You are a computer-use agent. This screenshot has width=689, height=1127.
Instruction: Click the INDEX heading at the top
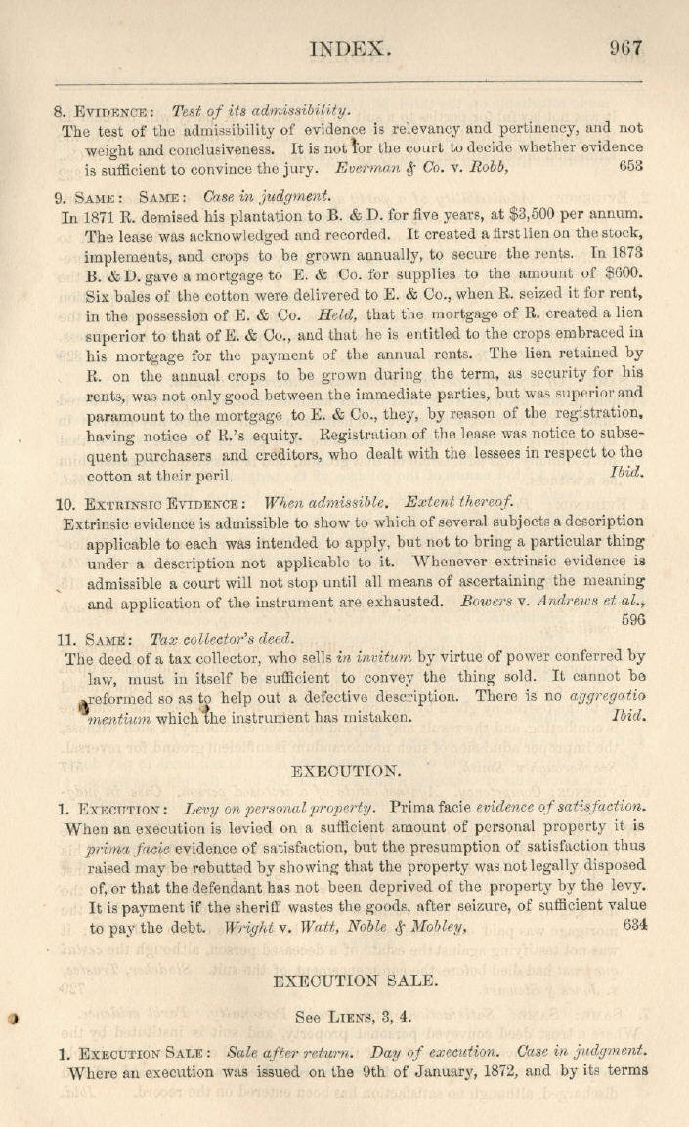tap(351, 48)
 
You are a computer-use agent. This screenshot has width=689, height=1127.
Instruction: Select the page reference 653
tap(631, 166)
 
